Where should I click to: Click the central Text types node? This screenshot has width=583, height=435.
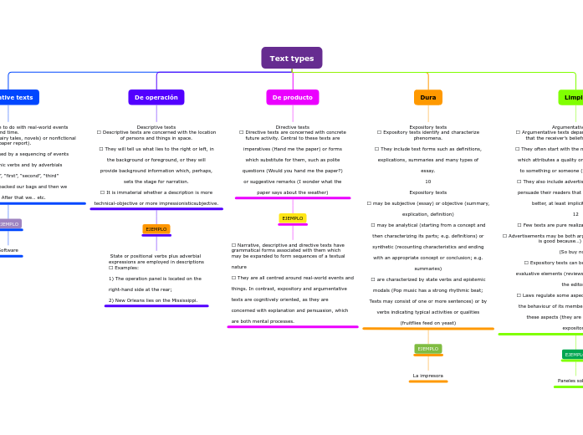pyautogui.click(x=291, y=58)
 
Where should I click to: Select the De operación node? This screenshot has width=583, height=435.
pyautogui.click(x=156, y=97)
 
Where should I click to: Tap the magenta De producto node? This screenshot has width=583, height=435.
pyautogui.click(x=292, y=97)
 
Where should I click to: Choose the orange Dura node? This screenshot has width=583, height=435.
pyautogui.click(x=427, y=97)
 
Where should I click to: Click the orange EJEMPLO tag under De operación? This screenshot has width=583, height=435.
pyautogui.click(x=156, y=228)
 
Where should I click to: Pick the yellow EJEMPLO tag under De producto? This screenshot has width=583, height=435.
pyautogui.click(x=292, y=218)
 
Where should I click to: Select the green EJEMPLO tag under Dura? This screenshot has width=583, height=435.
pyautogui.click(x=427, y=348)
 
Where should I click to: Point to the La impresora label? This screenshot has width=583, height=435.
pyautogui.click(x=427, y=376)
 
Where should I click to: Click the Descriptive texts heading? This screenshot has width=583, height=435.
pyautogui.click(x=156, y=127)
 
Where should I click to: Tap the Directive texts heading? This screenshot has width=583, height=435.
pyautogui.click(x=292, y=127)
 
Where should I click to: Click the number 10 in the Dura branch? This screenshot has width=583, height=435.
pyautogui.click(x=427, y=182)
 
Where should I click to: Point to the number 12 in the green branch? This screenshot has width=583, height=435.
pyautogui.click(x=575, y=214)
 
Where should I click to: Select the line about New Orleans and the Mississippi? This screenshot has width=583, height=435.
pyautogui.click(x=153, y=299)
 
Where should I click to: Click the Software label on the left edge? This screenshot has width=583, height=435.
pyautogui.click(x=8, y=249)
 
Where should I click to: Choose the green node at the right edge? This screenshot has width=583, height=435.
pyautogui.click(x=571, y=97)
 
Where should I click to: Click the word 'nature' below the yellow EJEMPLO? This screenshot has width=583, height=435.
pyautogui.click(x=239, y=267)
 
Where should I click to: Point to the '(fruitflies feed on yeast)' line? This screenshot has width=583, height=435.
pyautogui.click(x=427, y=322)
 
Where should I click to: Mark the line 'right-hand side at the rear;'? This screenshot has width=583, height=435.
pyautogui.click(x=140, y=289)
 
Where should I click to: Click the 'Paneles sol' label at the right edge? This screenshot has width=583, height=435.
pyautogui.click(x=570, y=381)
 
